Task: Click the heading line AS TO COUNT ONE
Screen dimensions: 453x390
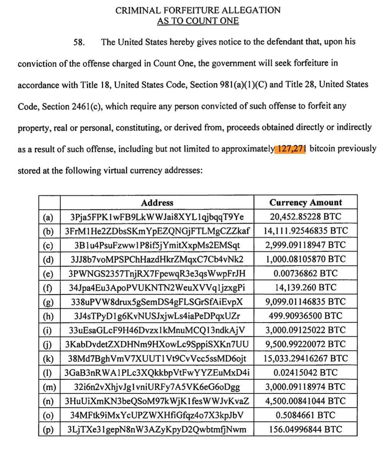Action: point(198,21)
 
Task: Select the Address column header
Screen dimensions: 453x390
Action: point(157,203)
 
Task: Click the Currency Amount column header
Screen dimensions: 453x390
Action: point(306,203)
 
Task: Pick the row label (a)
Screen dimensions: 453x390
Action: point(48,217)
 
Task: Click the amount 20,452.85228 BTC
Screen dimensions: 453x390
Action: point(306,217)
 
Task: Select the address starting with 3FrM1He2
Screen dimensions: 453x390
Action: point(157,231)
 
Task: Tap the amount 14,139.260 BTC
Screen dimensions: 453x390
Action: point(306,288)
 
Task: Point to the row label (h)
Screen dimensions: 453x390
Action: point(48,316)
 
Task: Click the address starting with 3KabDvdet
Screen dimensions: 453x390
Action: point(157,344)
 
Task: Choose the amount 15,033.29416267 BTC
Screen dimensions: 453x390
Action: point(306,359)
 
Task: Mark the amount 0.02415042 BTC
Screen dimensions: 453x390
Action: point(306,372)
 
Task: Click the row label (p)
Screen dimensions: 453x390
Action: point(48,430)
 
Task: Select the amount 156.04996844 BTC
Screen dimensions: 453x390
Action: point(306,429)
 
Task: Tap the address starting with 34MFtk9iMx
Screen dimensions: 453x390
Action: point(157,415)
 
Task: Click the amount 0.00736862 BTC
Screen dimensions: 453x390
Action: point(306,273)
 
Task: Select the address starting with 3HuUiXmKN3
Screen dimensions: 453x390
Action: point(157,401)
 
